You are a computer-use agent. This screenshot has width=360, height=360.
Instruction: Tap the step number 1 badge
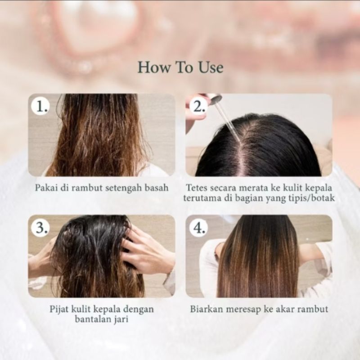click(40, 106)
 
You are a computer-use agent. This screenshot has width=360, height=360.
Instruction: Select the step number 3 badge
click(40, 228)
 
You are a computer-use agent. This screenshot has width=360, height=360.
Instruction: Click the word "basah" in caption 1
click(157, 188)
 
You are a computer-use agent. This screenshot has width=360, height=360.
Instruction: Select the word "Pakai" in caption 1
click(46, 188)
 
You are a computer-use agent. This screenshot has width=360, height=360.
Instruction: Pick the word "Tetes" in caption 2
click(197, 188)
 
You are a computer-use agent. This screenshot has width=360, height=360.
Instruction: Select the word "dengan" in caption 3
click(139, 310)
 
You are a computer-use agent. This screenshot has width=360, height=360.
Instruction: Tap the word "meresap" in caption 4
click(244, 310)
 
